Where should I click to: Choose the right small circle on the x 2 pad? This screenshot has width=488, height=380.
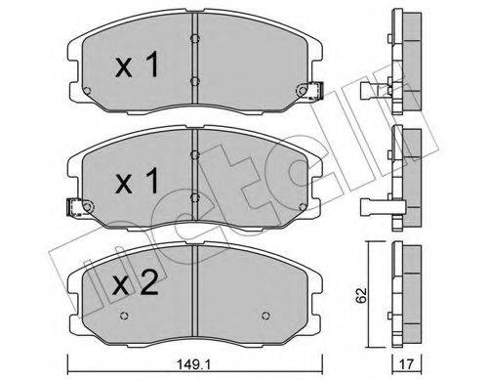(266, 316)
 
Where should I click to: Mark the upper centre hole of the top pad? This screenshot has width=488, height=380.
(195, 40)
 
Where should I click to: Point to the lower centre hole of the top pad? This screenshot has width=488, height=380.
(195, 81)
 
